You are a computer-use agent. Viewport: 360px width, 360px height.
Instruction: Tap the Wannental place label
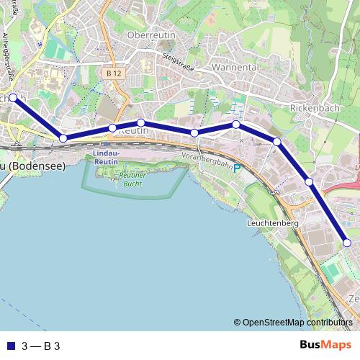(x=235, y=66)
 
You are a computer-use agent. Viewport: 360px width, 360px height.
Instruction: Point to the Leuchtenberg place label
(x=272, y=223)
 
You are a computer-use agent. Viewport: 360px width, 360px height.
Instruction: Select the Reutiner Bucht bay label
(x=132, y=179)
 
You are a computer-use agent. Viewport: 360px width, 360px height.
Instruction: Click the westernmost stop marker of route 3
(x=13, y=97)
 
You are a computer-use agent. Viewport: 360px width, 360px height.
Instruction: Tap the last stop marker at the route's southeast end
(x=346, y=243)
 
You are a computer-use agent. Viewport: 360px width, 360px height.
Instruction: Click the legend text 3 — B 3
(x=41, y=346)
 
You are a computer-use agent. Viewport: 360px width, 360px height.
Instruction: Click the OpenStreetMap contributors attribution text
(x=297, y=323)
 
